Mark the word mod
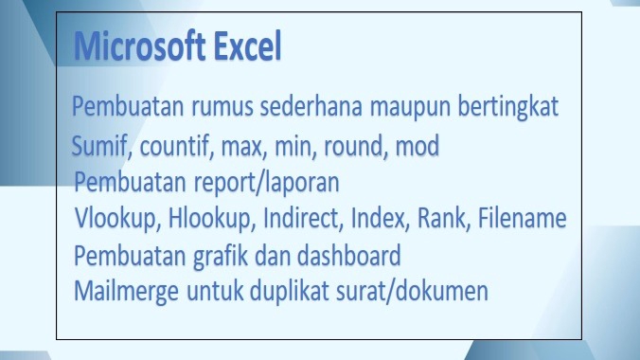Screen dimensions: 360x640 click(x=417, y=147)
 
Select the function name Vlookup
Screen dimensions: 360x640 click(x=117, y=219)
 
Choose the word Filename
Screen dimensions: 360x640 click(x=523, y=219)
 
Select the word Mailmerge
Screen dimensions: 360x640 click(x=124, y=290)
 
